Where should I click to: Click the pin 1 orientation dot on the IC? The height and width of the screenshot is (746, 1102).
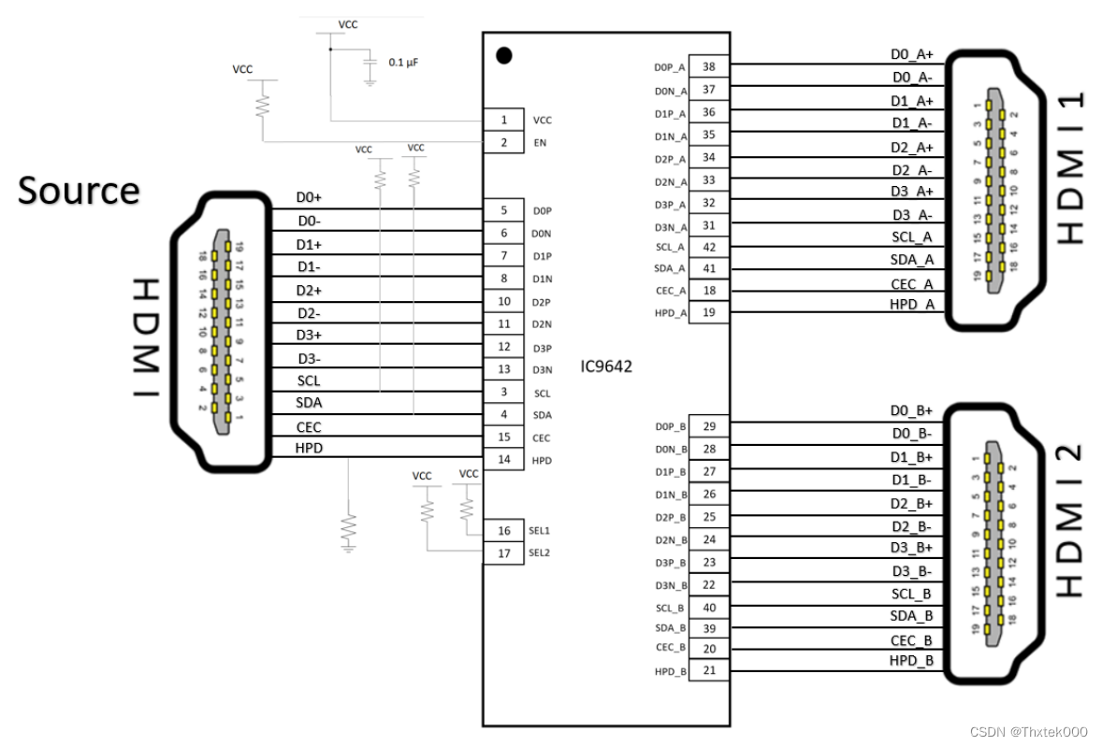503,55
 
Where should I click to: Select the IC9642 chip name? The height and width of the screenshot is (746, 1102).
605,366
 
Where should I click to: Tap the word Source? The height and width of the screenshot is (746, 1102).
79,190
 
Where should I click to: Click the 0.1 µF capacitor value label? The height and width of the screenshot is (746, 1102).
403,63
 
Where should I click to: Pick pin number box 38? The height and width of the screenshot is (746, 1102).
708,67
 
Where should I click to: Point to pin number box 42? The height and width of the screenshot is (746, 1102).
708,248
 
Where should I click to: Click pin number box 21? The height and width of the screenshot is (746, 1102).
708,670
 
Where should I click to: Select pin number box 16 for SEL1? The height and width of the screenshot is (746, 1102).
504,531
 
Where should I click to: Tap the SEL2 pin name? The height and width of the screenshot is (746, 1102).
539,552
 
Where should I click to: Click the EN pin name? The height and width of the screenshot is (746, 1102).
539,143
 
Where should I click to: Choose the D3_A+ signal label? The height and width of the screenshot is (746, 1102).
911,192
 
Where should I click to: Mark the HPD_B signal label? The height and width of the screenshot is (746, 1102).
911,661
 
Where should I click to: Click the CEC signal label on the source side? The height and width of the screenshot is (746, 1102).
309,427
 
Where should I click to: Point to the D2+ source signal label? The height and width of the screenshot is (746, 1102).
309,291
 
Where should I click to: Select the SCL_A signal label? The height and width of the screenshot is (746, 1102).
911,237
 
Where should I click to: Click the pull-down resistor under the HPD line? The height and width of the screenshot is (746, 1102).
348,529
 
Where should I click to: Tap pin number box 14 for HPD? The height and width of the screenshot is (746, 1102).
504,459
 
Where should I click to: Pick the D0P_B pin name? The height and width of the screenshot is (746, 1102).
671,427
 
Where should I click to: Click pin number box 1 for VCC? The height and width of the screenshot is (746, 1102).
504,120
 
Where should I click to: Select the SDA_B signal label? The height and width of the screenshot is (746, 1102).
911,615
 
